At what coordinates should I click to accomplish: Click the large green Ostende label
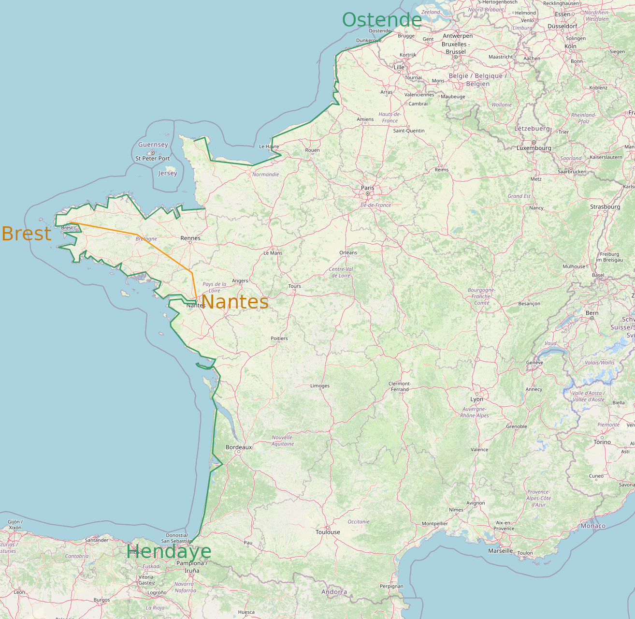coord(382,20)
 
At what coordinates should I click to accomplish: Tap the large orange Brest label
coord(27,234)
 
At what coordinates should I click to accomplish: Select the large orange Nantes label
coord(234,302)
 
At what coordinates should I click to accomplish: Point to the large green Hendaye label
coord(169,551)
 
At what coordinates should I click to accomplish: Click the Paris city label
coord(368,188)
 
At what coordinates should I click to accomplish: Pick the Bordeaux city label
coord(239,447)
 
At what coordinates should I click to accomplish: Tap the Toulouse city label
coord(328,532)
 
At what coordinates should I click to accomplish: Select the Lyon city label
coord(476,399)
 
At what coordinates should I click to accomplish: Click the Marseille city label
coord(500,551)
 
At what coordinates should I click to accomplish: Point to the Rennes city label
coord(190,238)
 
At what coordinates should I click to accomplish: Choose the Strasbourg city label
coord(605,207)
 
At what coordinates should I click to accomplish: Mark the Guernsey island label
coord(153,145)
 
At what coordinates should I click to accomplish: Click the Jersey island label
coord(168,173)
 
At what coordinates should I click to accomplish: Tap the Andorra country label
coord(334,592)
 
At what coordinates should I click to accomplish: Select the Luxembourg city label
coord(534,148)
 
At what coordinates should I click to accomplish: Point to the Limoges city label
coord(320,386)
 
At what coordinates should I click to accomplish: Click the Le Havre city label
coord(269,147)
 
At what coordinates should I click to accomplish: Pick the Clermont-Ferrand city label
coord(400,386)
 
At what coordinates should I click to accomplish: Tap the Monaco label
coord(593,526)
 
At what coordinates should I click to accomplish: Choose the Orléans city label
coord(348,252)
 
